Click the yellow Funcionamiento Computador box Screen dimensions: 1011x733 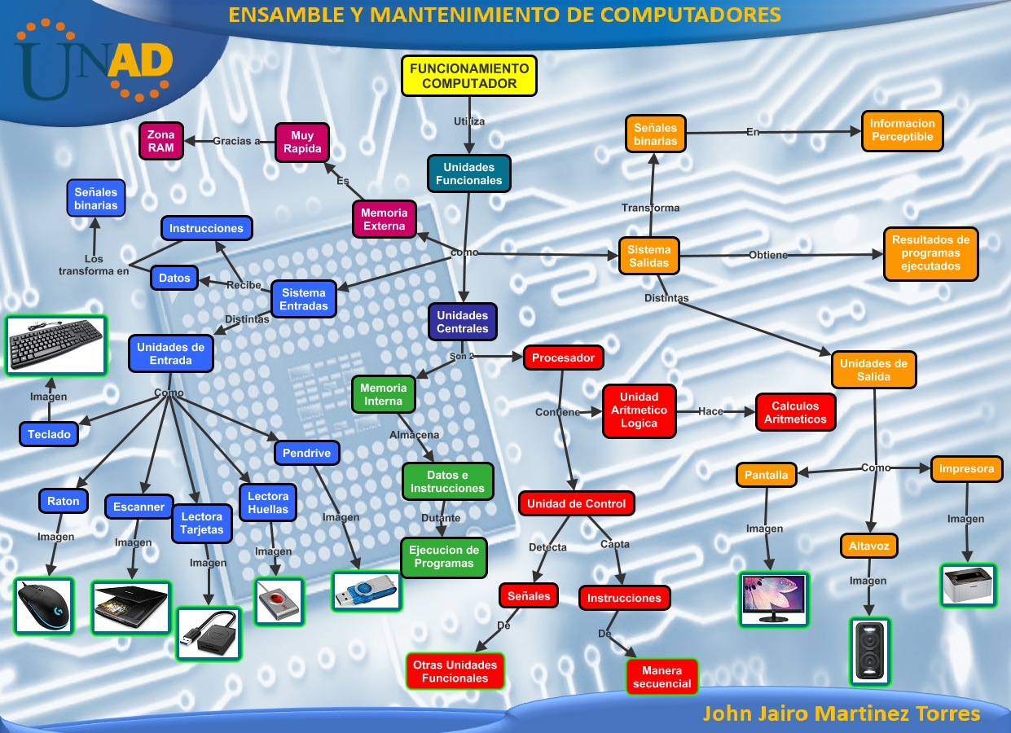pyautogui.click(x=469, y=77)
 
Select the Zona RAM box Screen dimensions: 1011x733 pyautogui.click(x=160, y=141)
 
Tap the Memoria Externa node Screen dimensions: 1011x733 pyautogui.click(x=384, y=219)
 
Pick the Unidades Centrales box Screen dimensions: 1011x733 pyautogui.click(x=463, y=322)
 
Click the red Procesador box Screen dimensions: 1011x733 pyautogui.click(x=564, y=358)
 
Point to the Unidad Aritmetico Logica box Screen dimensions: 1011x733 pyautogui.click(x=639, y=410)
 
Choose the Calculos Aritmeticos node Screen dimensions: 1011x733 pyautogui.click(x=795, y=412)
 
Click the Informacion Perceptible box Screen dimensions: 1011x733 pyautogui.click(x=902, y=130)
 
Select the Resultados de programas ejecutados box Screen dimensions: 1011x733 pyautogui.click(x=930, y=253)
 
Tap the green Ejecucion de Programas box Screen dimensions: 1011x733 pyautogui.click(x=443, y=557)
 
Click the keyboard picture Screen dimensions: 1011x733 pyautogui.click(x=56, y=345)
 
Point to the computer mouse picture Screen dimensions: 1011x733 pyautogui.click(x=44, y=606)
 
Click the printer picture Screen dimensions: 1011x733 pyautogui.click(x=968, y=585)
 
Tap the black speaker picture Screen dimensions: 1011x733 pyautogui.click(x=870, y=651)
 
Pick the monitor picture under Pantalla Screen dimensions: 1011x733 pyautogui.click(x=774, y=599)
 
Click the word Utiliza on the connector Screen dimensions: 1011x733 pyautogui.click(x=469, y=121)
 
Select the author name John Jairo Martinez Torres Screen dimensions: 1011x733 pyautogui.click(x=841, y=713)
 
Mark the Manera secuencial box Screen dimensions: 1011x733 pyautogui.click(x=662, y=678)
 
